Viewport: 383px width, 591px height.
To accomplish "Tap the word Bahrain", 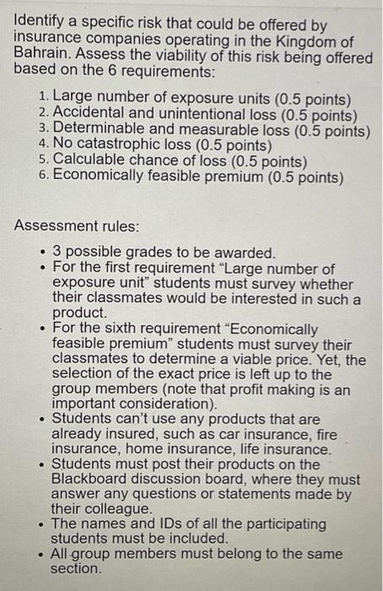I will pyautogui.click(x=40, y=54).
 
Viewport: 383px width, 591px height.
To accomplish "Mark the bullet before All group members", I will pyautogui.click(x=42, y=555).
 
